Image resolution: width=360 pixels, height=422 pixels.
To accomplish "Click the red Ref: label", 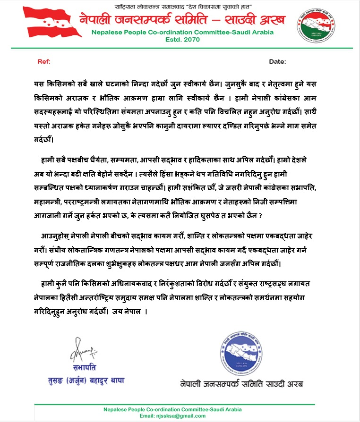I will [x=43, y=62].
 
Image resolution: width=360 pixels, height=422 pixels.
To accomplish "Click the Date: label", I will [x=277, y=62].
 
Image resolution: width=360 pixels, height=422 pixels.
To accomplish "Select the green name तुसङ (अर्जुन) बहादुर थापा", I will [x=93, y=380].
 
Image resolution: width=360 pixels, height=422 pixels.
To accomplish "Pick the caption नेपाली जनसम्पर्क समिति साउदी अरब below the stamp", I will [x=241, y=383].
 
